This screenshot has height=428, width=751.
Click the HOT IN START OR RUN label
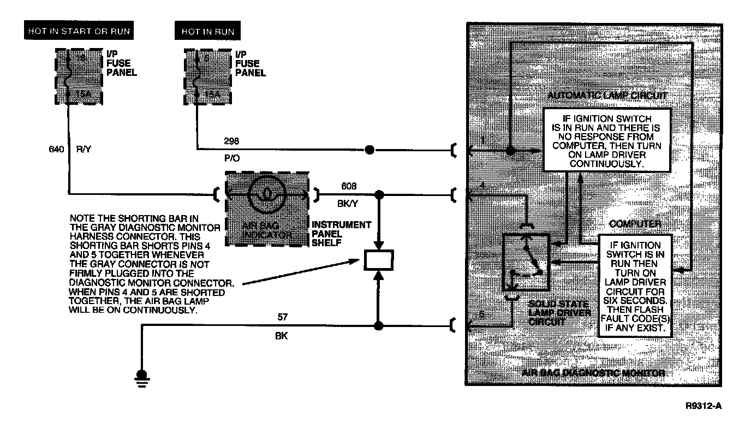point(79,31)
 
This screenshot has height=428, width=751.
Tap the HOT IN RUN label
point(208,32)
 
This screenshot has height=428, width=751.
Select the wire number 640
point(57,148)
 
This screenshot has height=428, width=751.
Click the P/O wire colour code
point(231,158)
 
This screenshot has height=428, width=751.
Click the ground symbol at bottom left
point(142,376)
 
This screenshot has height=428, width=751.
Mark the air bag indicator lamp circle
point(265,193)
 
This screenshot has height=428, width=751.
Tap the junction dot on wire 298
point(369,149)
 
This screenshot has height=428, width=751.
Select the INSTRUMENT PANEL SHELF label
point(341,233)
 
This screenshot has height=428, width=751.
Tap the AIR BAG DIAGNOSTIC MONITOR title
point(593,373)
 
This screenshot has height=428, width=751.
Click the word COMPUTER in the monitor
point(635,224)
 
